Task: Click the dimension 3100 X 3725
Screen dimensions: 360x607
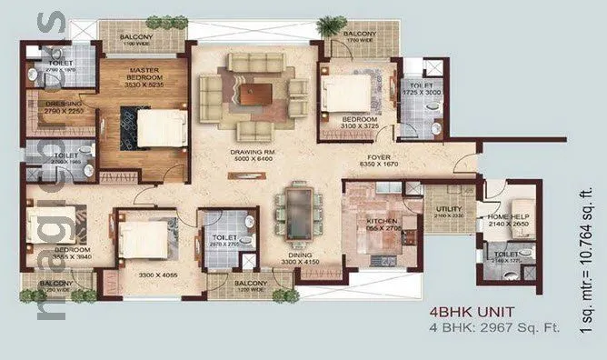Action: (360, 125)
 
